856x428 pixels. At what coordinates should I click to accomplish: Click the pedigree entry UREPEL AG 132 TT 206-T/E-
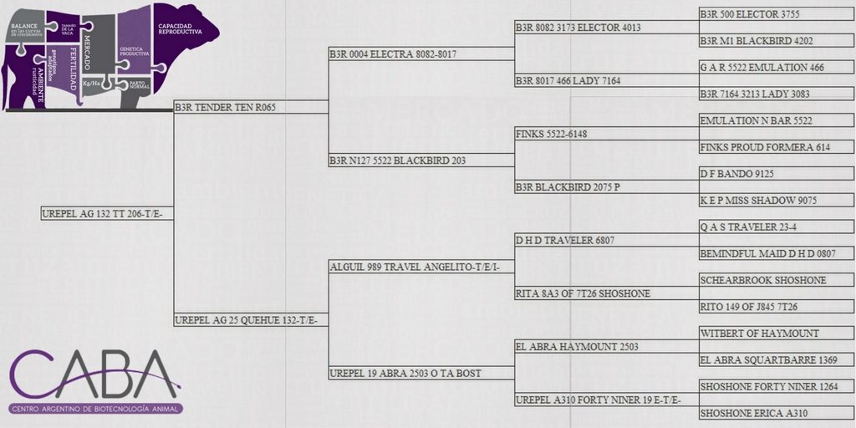point(107,214)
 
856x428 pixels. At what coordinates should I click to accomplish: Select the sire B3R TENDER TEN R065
point(225,107)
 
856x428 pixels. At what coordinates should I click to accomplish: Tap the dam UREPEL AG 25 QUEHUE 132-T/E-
point(251,320)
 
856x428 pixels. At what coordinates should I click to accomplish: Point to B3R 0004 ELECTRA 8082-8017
point(393,53)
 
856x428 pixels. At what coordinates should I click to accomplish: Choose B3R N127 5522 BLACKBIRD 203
point(397,160)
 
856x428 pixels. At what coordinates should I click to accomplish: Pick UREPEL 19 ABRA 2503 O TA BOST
point(405,373)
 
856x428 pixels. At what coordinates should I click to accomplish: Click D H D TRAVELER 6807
point(565,240)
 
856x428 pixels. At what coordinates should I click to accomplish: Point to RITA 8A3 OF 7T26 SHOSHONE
point(583,293)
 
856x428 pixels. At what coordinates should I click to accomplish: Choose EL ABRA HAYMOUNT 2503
point(577,346)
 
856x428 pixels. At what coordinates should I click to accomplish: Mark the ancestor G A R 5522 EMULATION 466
point(762,67)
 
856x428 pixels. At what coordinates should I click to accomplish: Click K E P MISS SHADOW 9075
point(758,201)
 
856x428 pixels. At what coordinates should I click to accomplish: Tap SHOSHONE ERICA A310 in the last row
point(753,413)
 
